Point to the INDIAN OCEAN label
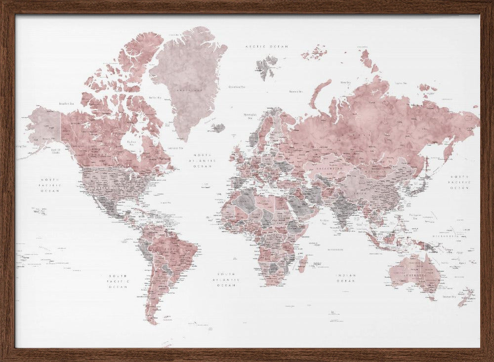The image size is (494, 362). coord(345,278)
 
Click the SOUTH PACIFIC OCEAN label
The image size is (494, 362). coord(119,281)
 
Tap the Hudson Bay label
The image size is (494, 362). coord(131,142)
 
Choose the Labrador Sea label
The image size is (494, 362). coord(175,148)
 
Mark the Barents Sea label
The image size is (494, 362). coord(295,91)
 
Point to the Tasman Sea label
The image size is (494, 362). coord(449,296)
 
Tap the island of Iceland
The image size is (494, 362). coord(218,128)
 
